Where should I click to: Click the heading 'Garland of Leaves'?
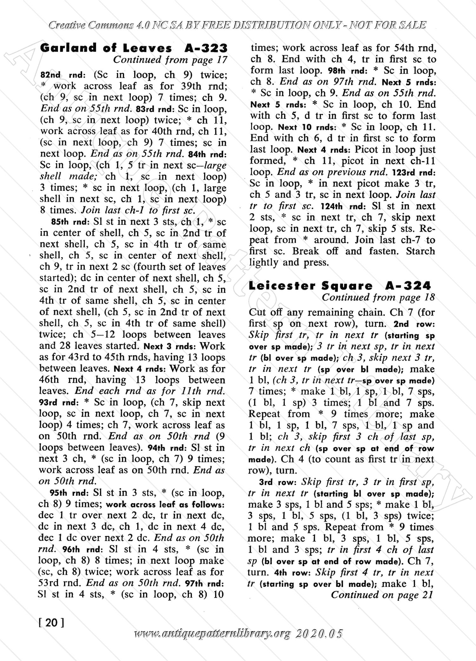click(106, 48)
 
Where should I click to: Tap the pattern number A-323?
click(206, 48)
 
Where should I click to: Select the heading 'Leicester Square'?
click(311, 286)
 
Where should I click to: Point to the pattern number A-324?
click(408, 286)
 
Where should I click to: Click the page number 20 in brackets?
click(51, 622)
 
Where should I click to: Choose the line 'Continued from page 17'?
click(170, 60)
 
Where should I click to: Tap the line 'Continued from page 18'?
click(378, 298)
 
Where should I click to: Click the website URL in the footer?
click(239, 634)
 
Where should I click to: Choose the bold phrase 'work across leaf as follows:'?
click(165, 504)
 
